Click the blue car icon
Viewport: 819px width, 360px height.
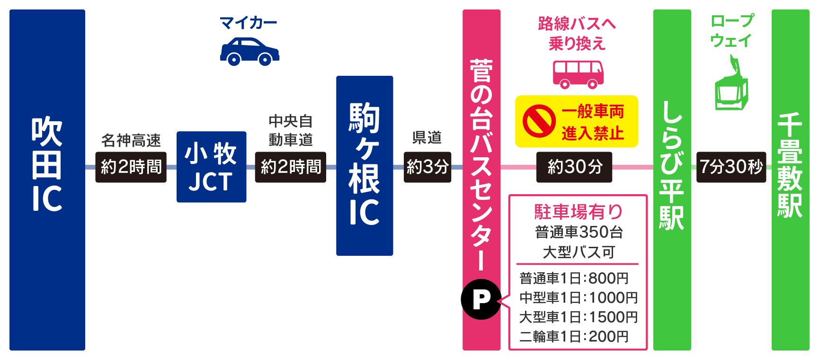249,51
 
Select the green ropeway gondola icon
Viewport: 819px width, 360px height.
731,86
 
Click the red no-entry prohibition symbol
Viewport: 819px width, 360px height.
539,121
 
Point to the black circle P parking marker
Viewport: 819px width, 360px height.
481,299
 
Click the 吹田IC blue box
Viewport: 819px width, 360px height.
47,180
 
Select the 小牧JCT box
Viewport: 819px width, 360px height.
211,167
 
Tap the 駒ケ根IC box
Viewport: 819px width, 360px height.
365,166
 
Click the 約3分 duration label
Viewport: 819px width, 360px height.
427,167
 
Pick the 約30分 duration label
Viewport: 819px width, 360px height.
574,167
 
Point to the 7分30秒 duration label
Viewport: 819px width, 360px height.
731,167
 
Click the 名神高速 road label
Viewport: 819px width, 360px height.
131,140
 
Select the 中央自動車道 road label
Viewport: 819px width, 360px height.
291,130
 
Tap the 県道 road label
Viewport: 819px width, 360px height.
427,137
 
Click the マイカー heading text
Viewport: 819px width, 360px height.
249,22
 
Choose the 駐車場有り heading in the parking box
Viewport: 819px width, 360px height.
578,212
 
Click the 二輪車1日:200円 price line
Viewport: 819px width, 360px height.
574,336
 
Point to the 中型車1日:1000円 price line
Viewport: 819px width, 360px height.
578,297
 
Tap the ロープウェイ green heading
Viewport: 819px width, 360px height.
732,31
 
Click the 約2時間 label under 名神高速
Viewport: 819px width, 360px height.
131,167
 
